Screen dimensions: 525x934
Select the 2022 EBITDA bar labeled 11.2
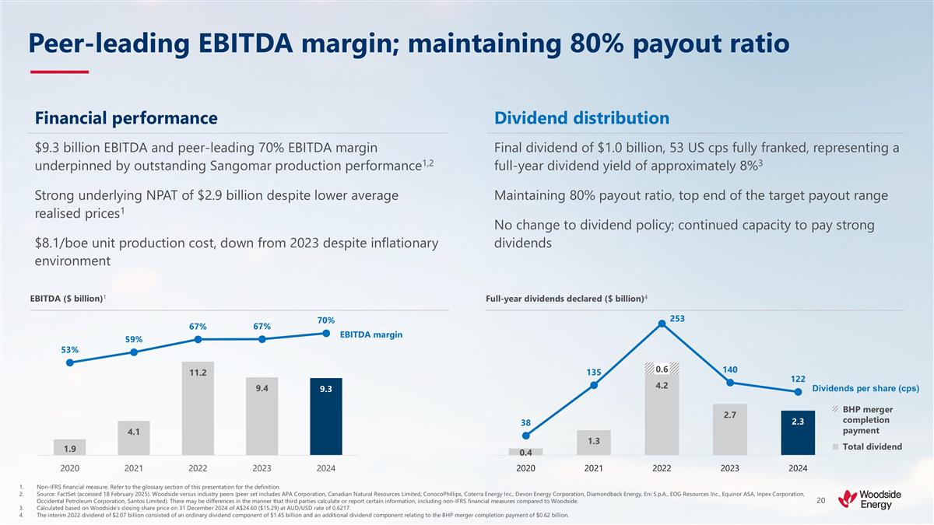pyautogui.click(x=198, y=408)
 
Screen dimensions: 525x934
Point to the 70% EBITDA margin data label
pyautogui.click(x=325, y=320)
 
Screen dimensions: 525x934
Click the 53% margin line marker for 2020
pyautogui.click(x=70, y=362)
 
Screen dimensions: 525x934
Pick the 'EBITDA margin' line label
pyautogui.click(x=371, y=334)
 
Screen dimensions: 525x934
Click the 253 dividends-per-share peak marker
pyautogui.click(x=662, y=324)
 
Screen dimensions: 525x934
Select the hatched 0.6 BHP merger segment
pyautogui.click(x=662, y=369)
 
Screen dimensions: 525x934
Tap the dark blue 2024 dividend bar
pyautogui.click(x=798, y=432)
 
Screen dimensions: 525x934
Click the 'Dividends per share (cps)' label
pyautogui.click(x=866, y=388)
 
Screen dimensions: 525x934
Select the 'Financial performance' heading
pyautogui.click(x=125, y=118)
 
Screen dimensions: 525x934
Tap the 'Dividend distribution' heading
pyautogui.click(x=581, y=118)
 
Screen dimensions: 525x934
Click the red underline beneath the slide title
pyautogui.click(x=59, y=72)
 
